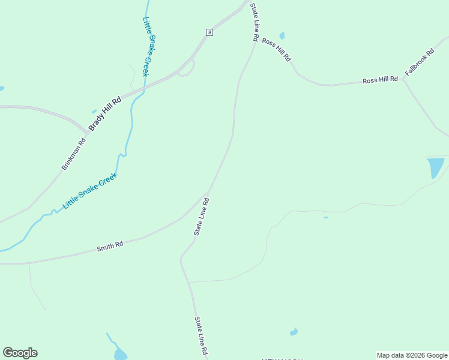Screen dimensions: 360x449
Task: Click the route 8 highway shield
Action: click(209, 32)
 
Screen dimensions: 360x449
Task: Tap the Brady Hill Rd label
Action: click(105, 113)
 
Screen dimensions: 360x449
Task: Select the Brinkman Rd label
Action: click(74, 154)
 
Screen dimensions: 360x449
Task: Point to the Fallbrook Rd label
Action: click(418, 62)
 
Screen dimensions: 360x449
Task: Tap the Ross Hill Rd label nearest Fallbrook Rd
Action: click(380, 80)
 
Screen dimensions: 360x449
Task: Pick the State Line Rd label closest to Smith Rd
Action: click(200, 217)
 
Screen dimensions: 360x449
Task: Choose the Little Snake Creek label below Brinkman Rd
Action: click(90, 190)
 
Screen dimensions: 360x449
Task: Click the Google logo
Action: click(20, 353)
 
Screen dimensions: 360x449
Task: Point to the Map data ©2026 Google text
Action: click(412, 355)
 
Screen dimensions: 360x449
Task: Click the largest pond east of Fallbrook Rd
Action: click(435, 167)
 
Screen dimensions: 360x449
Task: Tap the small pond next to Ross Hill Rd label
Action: click(282, 36)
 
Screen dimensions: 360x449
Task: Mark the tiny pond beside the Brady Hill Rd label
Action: click(94, 111)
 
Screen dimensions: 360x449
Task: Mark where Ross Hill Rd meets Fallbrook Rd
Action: click(403, 79)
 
